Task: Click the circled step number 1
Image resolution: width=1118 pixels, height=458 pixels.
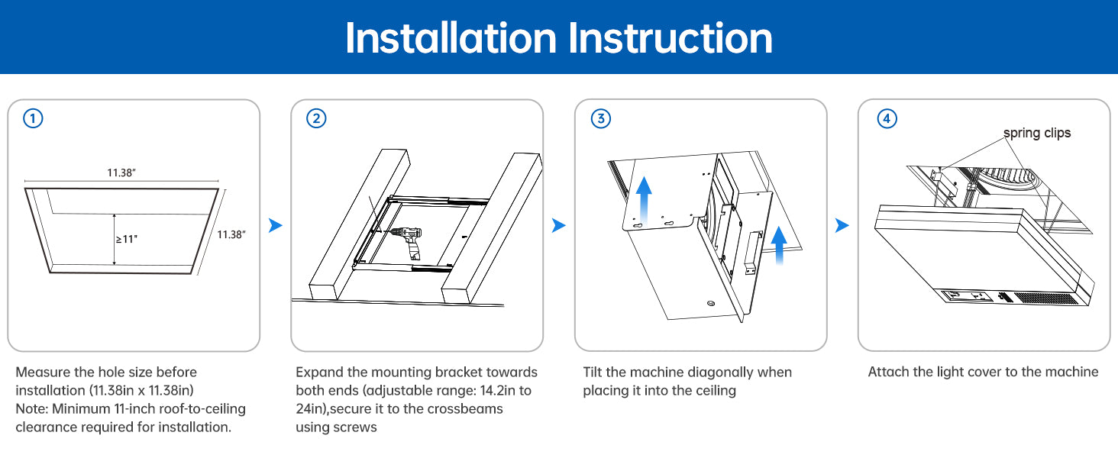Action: pos(33,119)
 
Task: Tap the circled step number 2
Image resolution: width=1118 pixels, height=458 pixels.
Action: pos(316,119)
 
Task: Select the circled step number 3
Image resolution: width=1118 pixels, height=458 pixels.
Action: pos(601,119)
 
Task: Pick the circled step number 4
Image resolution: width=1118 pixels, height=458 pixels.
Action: pos(887,119)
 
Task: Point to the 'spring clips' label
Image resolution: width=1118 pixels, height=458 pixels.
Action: pos(1036,134)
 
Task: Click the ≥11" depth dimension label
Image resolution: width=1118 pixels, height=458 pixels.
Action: pos(127,239)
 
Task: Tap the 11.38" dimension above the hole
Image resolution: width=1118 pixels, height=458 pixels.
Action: pos(121,173)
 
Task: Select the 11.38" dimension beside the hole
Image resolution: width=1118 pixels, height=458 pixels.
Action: pos(231,234)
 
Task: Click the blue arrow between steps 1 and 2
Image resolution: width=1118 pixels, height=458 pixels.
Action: pos(275,225)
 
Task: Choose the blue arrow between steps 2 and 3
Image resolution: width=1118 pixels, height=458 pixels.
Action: pos(558,225)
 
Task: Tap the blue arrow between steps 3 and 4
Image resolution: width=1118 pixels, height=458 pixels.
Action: pos(842,225)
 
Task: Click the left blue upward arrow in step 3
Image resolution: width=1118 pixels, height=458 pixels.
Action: pos(644,199)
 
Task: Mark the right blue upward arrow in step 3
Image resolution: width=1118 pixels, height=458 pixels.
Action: pos(779,245)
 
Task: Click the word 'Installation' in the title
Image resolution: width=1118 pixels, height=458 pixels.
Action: pos(451,38)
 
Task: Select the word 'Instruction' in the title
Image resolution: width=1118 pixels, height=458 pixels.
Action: pos(670,38)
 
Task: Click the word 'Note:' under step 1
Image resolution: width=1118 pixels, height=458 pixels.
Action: pos(32,409)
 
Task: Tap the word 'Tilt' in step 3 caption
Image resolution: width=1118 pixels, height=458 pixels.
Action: pos(593,373)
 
